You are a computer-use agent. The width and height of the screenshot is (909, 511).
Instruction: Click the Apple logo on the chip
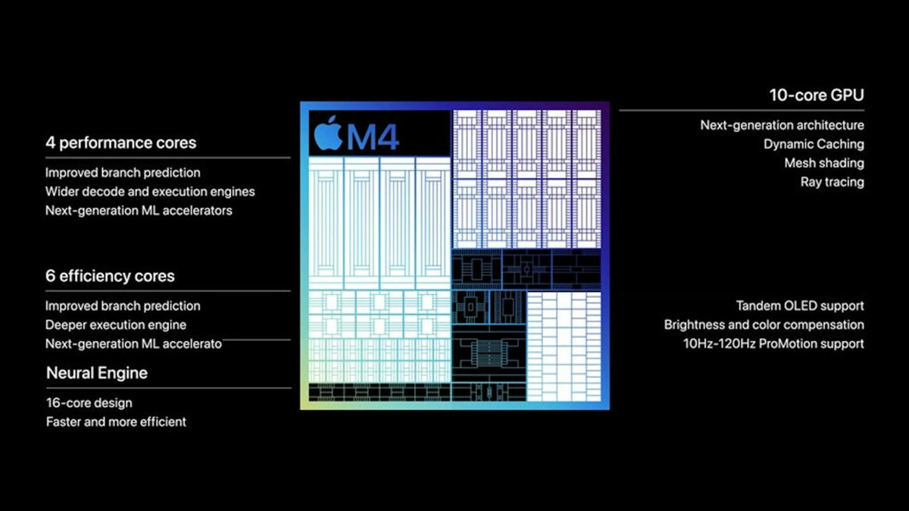pos(329,133)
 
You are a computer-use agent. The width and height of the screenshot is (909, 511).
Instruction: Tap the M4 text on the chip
pos(372,136)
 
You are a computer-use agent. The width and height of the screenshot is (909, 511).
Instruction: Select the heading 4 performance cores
pos(120,143)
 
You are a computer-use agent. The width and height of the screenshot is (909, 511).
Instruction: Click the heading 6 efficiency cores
pos(110,276)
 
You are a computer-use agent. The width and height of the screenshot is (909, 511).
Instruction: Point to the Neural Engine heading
pos(97,373)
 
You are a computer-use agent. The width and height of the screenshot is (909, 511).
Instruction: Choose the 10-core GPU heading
pos(817,96)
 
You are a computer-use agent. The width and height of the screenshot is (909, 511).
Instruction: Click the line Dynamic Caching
pos(814,144)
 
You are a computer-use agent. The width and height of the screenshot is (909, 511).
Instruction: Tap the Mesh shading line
pos(824,163)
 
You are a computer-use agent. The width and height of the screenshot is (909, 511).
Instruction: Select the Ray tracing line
pos(832,182)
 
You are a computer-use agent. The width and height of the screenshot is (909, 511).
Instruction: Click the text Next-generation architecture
pos(782,125)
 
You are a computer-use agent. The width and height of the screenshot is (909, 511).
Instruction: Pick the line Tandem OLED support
pos(800,306)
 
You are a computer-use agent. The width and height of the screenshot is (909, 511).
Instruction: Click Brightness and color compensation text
pos(764,324)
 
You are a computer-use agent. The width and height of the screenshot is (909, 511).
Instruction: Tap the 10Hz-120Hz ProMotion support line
pos(773,343)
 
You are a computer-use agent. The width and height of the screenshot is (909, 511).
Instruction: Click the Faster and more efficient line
pos(116,422)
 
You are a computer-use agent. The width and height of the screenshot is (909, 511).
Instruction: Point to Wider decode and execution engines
pos(150,192)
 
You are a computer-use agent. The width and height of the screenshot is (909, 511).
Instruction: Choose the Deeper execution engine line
pos(115,324)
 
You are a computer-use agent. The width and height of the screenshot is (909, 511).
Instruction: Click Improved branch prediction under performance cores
pos(123,173)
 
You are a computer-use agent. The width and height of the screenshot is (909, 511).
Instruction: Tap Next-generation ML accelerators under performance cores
pos(139,211)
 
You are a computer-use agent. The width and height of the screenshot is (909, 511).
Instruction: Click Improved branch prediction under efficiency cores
pos(123,306)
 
